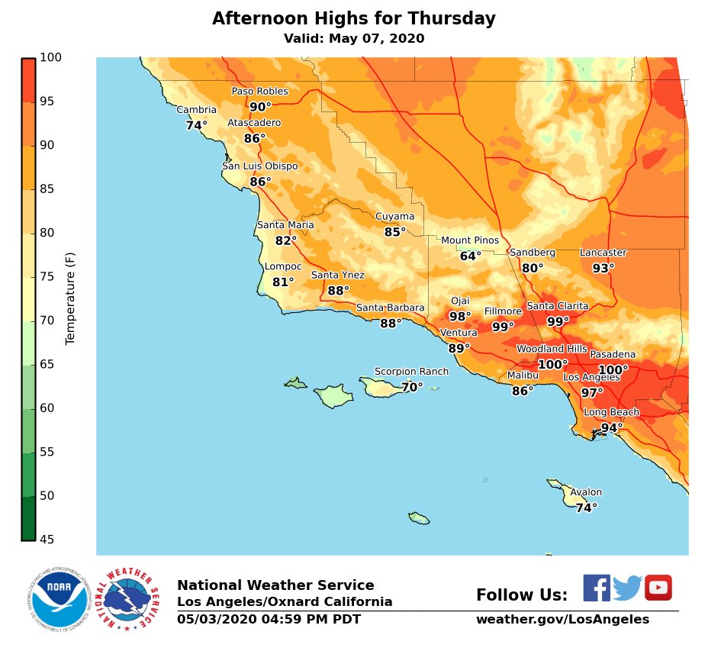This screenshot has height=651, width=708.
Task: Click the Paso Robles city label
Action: pyautogui.click(x=260, y=92)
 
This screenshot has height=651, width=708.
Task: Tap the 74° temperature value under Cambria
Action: pyautogui.click(x=196, y=125)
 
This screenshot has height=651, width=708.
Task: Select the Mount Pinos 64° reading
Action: pyautogui.click(x=471, y=256)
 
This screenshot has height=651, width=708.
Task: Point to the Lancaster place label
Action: pyautogui.click(x=603, y=253)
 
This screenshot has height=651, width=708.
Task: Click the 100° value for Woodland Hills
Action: pyautogui.click(x=552, y=365)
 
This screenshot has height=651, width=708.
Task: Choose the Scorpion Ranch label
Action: pyautogui.click(x=411, y=372)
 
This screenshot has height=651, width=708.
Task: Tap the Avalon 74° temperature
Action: pyautogui.click(x=586, y=508)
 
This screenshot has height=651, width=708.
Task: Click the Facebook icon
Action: pyautogui.click(x=597, y=588)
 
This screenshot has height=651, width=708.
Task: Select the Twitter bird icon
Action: pyautogui.click(x=627, y=588)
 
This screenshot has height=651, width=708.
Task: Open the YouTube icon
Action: pyautogui.click(x=658, y=588)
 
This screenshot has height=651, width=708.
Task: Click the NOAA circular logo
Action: pyautogui.click(x=59, y=598)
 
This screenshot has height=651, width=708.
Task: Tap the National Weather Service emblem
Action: pyautogui.click(x=130, y=598)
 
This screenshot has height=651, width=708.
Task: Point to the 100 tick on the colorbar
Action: pyautogui.click(x=50, y=57)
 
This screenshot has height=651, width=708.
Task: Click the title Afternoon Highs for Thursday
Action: pyautogui.click(x=353, y=19)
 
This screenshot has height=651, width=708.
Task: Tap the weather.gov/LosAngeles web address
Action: pyautogui.click(x=562, y=620)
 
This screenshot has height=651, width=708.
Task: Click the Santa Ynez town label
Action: pyautogui.click(x=337, y=275)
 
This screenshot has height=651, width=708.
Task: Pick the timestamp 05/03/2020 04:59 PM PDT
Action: pyautogui.click(x=269, y=620)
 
